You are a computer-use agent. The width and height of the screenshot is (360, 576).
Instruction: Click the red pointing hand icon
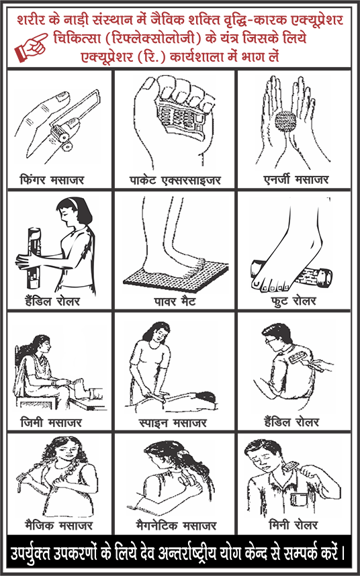(31, 46)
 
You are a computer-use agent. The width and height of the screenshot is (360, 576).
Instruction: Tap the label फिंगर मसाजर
(52, 180)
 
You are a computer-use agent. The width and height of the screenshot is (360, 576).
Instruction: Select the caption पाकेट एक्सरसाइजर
(174, 181)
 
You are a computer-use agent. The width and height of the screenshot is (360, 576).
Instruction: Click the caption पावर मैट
(175, 302)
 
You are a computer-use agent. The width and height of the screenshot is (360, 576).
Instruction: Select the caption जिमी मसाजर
(50, 422)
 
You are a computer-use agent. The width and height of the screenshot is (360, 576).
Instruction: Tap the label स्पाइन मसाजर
(174, 422)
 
